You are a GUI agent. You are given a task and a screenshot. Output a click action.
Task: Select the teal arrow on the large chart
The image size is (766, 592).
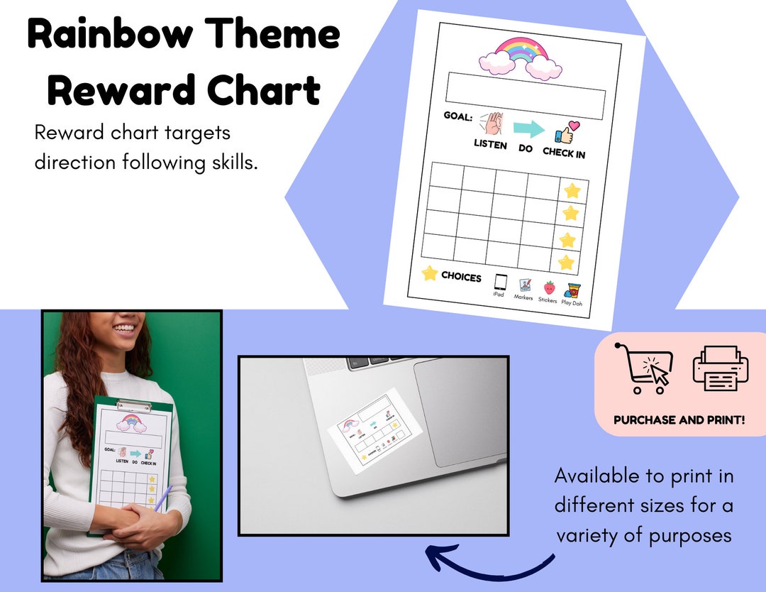tap(528, 129)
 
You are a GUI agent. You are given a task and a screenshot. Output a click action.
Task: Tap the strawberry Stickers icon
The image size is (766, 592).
tap(549, 287)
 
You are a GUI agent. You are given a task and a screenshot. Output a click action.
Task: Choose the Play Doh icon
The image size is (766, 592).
tap(573, 290)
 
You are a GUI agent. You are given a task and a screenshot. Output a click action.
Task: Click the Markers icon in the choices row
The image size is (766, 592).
tap(525, 285)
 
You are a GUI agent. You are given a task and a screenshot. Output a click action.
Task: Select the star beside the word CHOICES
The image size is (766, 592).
tap(429, 273)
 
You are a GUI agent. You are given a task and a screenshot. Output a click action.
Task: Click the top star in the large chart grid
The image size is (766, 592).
tap(572, 190)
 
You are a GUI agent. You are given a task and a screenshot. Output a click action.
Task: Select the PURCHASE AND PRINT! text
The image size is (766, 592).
tap(679, 420)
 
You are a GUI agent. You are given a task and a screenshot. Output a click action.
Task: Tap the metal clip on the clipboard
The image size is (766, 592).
tap(133, 406)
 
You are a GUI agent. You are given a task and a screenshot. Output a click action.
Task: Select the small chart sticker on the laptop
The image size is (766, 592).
tap(372, 429)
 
